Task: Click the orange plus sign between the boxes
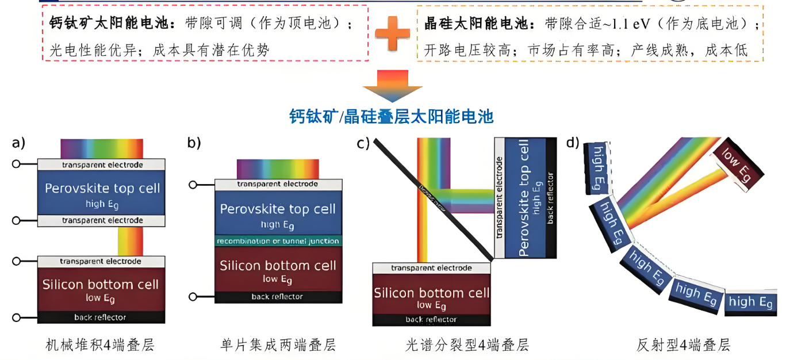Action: [x=392, y=32]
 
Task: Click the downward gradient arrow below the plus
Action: [x=392, y=85]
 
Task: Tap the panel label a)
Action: [x=18, y=143]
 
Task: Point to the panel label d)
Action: [x=573, y=142]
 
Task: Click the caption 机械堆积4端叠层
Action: [x=100, y=345]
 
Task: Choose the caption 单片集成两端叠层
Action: [x=278, y=345]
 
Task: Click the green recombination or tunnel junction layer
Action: [x=278, y=241]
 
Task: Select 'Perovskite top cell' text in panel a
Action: [x=102, y=189]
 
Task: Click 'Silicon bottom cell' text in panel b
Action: [x=278, y=266]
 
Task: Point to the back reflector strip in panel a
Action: [x=100, y=317]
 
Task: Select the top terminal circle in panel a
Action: [x=17, y=164]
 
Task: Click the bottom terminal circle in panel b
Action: [x=193, y=297]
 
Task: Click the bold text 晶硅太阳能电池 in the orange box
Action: [x=476, y=24]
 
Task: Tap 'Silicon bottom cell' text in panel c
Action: [x=431, y=293]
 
